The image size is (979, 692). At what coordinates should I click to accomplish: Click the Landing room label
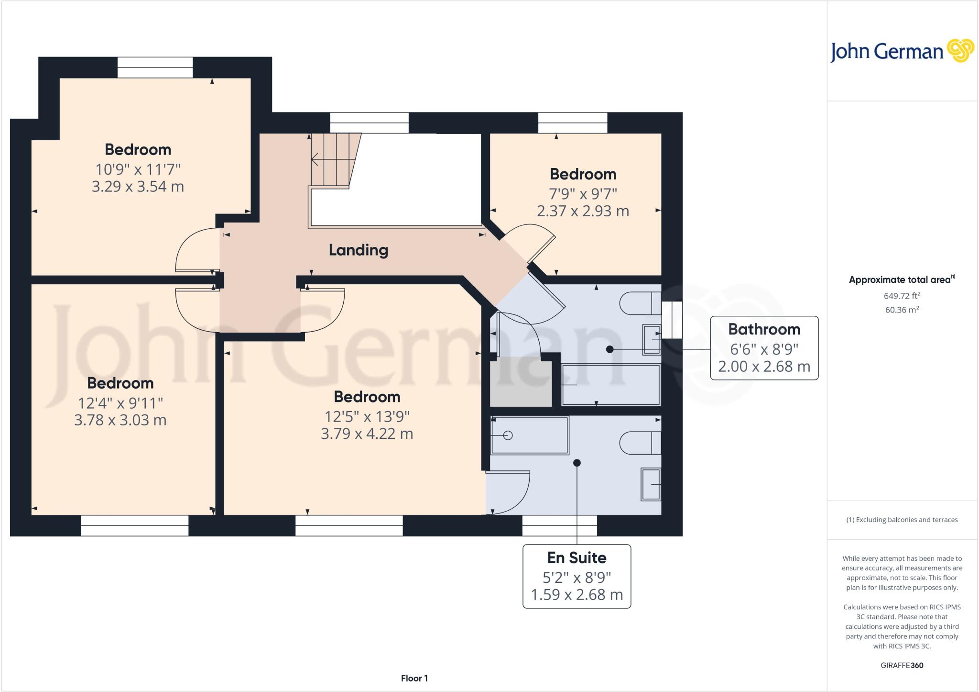358,250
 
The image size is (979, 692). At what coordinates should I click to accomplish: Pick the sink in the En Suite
651,484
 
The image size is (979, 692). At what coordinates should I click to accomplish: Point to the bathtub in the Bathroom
610,385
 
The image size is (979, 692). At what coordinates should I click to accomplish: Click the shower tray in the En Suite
529,435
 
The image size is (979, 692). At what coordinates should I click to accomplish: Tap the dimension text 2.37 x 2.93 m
583,211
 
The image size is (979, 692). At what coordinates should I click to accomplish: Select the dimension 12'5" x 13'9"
367,416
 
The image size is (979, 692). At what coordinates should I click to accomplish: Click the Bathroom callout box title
764,329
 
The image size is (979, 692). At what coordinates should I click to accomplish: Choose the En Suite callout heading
577,558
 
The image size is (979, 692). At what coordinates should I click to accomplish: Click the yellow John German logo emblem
960,51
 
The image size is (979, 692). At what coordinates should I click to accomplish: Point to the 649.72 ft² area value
902,296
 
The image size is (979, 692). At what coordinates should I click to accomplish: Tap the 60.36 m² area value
902,310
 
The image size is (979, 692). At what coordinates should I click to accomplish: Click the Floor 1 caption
414,678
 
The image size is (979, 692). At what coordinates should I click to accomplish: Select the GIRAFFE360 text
902,665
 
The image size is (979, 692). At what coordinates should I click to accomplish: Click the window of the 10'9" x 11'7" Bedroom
155,67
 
